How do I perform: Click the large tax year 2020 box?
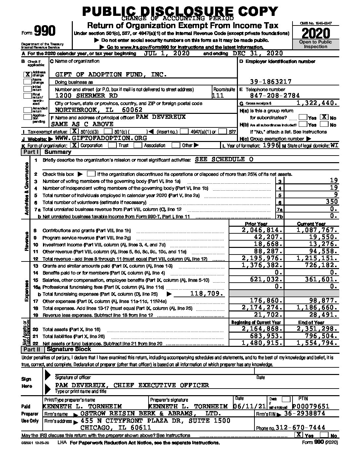click(x=316, y=33)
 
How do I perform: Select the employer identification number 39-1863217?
click(x=271, y=82)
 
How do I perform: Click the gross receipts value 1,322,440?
click(x=317, y=103)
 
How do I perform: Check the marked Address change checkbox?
click(x=28, y=74)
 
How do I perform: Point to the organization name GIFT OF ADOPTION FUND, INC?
click(x=111, y=75)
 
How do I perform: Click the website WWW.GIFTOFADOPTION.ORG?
click(x=101, y=138)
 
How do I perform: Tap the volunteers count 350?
click(x=331, y=202)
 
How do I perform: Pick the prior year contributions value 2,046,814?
click(x=263, y=230)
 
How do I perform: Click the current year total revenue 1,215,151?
click(x=317, y=258)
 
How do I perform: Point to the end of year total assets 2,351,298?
click(x=317, y=329)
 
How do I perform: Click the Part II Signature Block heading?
click(x=68, y=349)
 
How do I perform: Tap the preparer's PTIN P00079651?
click(x=311, y=406)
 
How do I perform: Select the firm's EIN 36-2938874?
click(x=304, y=414)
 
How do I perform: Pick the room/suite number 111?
click(x=218, y=96)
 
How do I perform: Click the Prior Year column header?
click(x=256, y=224)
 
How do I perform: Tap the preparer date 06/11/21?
click(x=248, y=406)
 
